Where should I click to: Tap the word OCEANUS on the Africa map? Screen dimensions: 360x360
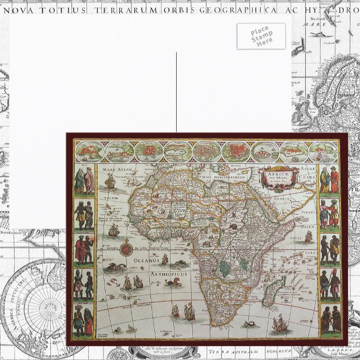146,260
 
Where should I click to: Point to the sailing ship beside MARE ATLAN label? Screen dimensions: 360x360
110,180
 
